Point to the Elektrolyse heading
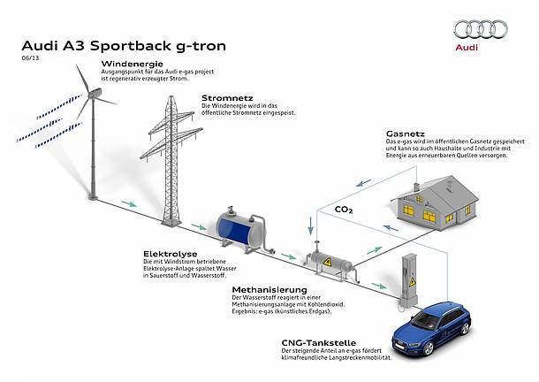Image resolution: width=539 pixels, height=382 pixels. pyautogui.click(x=168, y=253)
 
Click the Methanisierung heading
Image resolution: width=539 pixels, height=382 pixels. pyautogui.click(x=269, y=289)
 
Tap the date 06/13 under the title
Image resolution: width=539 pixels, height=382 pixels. pyautogui.click(x=29, y=58)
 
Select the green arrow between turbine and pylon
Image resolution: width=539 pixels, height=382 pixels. pyautogui.click(x=129, y=204)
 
